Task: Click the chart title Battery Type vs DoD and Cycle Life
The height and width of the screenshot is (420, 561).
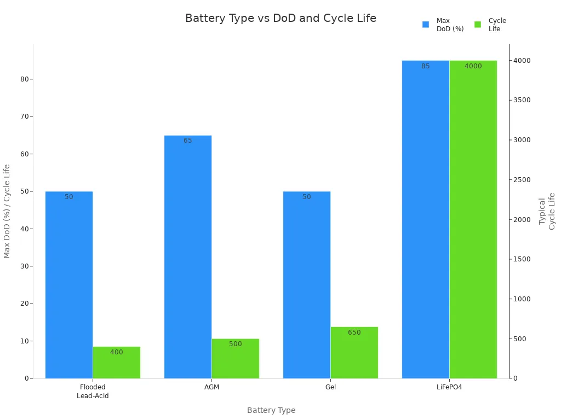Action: coord(280,18)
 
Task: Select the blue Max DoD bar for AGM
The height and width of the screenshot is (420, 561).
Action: coord(188,257)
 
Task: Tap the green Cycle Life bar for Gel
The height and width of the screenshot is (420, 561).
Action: coord(354,353)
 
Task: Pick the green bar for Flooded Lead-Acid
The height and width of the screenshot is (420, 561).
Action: coord(117,363)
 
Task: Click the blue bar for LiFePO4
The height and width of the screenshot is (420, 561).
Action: coord(426,219)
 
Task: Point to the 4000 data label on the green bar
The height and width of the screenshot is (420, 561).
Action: coord(473,66)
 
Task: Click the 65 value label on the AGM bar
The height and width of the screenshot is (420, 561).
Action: coord(188,141)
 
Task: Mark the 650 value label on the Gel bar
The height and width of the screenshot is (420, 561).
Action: coord(354,332)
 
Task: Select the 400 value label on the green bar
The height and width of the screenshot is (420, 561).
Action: coord(117,352)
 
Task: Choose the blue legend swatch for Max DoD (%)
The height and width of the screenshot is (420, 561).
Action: coord(426,25)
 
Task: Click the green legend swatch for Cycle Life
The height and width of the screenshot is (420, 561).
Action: coord(478,25)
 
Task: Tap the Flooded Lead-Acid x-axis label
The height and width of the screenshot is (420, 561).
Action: coord(93,392)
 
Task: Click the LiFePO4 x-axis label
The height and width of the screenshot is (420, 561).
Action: coord(449,387)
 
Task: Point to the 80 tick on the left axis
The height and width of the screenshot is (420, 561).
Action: coord(25,79)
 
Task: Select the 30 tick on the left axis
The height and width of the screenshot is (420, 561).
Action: coord(25,266)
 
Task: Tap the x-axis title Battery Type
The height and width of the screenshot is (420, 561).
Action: coord(271,410)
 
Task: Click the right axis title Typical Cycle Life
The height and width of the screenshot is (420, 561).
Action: coord(547,211)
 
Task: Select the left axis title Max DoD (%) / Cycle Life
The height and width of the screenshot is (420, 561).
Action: coord(7,211)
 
